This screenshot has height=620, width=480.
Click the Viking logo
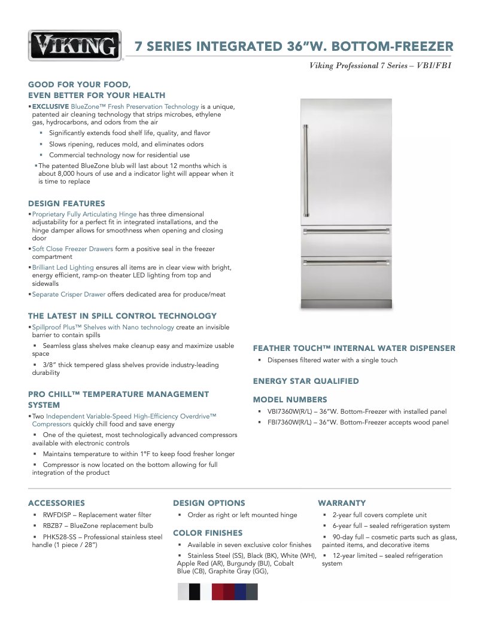(x=75, y=45)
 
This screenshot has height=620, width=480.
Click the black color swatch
(x=195, y=591)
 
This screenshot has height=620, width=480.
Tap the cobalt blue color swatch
(x=240, y=591)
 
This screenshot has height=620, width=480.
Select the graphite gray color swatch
(x=252, y=591)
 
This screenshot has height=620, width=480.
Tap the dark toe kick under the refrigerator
(x=347, y=304)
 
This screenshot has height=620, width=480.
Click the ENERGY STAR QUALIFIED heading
(x=306, y=381)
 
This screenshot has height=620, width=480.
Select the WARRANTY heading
(x=342, y=503)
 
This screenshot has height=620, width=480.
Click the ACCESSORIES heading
(x=56, y=503)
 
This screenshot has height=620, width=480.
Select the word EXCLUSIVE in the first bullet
(x=50, y=106)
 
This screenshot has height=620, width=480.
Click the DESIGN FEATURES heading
(x=66, y=203)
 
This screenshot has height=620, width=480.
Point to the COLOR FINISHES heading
(x=208, y=533)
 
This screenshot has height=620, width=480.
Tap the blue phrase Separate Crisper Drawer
(x=68, y=294)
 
